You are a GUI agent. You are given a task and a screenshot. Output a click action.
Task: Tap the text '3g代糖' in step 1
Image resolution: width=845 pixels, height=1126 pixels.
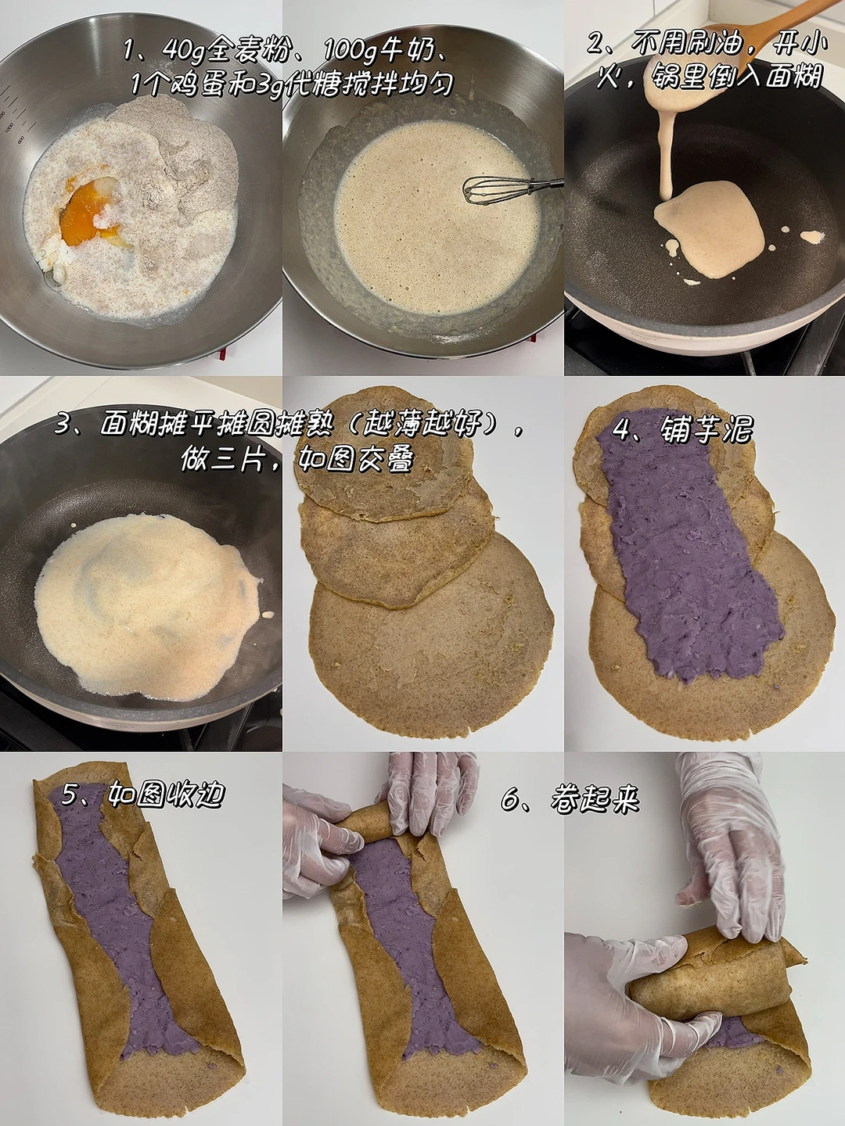click(293, 84)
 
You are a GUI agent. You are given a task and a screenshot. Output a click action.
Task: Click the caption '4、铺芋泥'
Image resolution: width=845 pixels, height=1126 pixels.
click(682, 429)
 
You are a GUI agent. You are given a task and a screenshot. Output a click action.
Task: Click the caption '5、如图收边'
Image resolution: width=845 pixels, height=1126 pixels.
click(143, 794)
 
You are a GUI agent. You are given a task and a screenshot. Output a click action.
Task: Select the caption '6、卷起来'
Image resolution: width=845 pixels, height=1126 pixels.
click(570, 799)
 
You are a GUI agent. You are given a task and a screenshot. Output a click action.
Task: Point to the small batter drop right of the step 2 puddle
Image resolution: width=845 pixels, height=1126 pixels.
click(813, 236)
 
